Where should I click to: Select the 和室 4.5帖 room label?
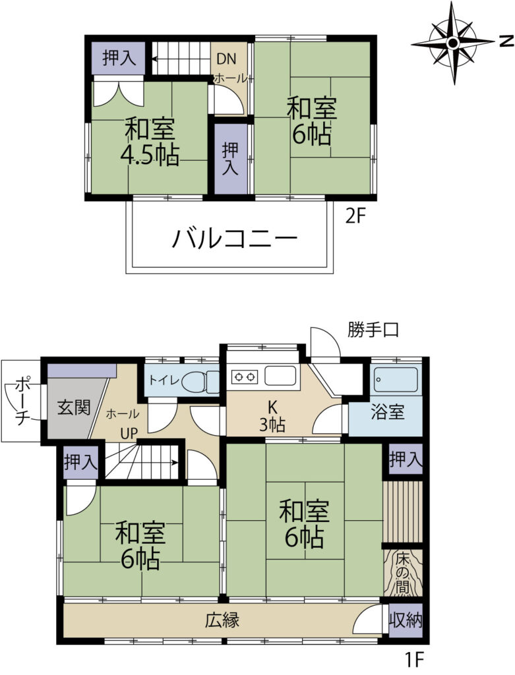[149, 142]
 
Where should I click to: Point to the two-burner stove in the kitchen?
[245, 377]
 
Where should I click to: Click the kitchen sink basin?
[280, 375]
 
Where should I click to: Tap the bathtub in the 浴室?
[395, 379]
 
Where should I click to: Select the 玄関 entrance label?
[74, 407]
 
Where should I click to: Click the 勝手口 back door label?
[373, 330]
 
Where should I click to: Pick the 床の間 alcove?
[403, 573]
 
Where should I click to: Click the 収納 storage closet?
[406, 620]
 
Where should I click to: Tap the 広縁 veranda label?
[222, 620]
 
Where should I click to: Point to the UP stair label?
[129, 434]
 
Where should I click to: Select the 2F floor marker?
[355, 216]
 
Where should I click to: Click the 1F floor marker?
[415, 659]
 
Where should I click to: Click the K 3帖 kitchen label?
[272, 417]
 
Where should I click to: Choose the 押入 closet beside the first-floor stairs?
[81, 462]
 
